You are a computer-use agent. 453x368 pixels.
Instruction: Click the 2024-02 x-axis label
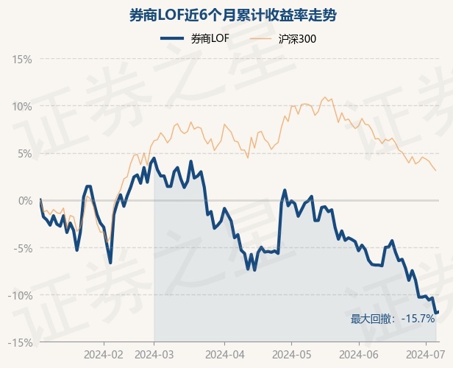(x=104, y=353)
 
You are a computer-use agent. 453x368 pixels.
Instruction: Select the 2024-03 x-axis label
(x=154, y=353)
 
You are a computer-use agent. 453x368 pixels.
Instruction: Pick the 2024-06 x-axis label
(x=358, y=353)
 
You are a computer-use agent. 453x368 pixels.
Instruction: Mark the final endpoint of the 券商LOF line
(x=438, y=312)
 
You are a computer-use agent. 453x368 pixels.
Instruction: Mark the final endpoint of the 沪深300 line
(x=436, y=171)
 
